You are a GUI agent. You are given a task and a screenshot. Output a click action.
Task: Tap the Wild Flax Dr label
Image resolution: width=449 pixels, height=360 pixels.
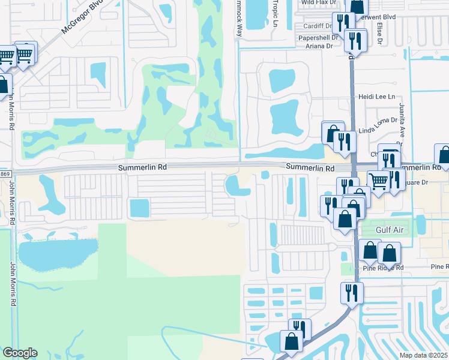point(316,2)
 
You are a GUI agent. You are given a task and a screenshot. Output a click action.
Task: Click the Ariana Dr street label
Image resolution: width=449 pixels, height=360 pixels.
point(319,46)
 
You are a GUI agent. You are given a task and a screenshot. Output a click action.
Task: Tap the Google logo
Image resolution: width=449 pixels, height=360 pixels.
point(20,353)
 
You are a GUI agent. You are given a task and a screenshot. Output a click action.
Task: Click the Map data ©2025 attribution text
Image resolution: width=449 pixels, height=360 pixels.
point(423,355)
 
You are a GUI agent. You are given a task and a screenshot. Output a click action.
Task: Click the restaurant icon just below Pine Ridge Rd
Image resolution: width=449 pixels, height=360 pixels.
point(351,292)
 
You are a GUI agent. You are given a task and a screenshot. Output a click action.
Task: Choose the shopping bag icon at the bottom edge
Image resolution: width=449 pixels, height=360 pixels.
point(292,341)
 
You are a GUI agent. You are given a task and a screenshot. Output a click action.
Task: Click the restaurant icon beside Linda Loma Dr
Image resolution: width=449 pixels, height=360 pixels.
point(344,141)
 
